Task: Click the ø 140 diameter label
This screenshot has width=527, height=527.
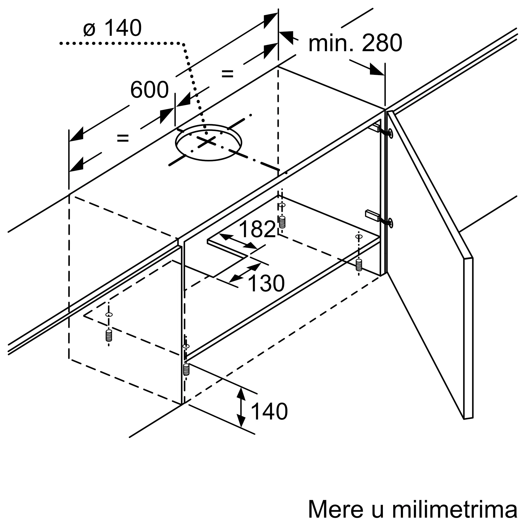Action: (x=113, y=28)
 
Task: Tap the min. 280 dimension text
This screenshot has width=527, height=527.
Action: (x=355, y=43)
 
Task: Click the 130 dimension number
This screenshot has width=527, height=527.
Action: (x=266, y=284)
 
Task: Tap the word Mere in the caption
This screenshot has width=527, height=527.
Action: (x=336, y=509)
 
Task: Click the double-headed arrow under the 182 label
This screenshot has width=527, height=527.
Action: (x=238, y=241)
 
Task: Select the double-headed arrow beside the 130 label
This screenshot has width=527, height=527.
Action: (x=245, y=272)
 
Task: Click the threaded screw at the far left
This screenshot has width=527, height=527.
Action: (x=109, y=335)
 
